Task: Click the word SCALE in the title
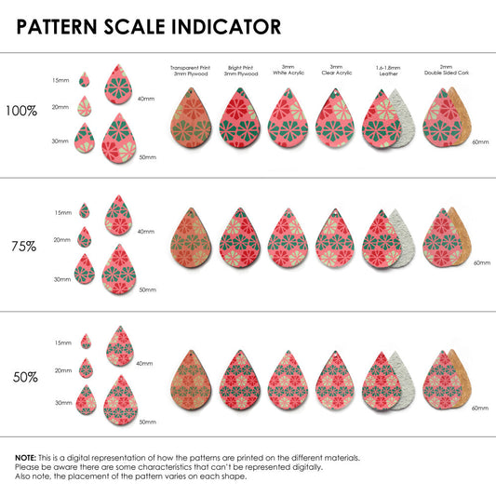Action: coord(134,27)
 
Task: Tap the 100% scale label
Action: coord(21,111)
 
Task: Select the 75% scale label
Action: coord(23,246)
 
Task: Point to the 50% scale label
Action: coord(25,377)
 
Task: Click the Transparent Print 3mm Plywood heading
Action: coord(191,71)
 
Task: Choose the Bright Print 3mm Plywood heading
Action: coord(241,71)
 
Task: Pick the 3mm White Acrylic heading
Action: coord(288,70)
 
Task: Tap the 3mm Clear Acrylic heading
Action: coord(337,70)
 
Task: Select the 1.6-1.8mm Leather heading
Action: coord(388,71)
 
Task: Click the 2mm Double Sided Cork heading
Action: coord(447,70)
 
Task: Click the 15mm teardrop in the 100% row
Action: coord(84,79)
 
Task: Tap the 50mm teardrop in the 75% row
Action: coord(119,269)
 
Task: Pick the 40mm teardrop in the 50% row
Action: coord(120,346)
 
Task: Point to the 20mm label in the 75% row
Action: coord(61,240)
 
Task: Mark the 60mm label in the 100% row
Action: coord(480,142)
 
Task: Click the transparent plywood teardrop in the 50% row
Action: coord(191,381)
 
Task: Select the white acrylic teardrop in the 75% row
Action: coord(288,238)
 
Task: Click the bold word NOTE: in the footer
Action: coord(26,458)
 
